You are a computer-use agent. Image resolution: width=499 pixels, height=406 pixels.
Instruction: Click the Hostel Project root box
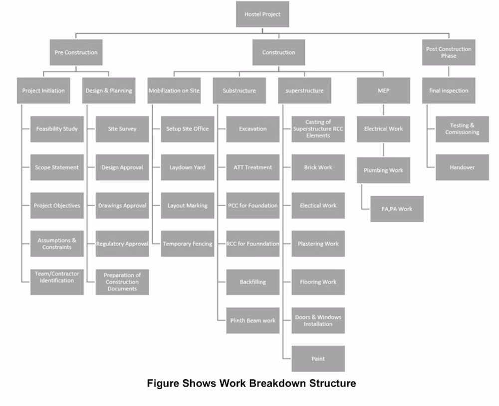(262, 14)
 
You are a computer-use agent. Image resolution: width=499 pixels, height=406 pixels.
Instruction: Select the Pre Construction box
(76, 52)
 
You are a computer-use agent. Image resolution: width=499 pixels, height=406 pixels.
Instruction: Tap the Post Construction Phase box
(448, 52)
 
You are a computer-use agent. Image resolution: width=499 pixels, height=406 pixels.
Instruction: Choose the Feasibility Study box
(57, 129)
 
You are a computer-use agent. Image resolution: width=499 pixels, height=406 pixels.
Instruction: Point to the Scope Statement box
(57, 167)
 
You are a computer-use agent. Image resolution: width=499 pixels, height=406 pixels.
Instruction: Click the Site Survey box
(122, 129)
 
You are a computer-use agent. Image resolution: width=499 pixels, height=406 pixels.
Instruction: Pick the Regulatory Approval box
(122, 244)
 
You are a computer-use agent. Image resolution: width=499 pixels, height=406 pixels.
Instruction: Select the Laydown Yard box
(187, 167)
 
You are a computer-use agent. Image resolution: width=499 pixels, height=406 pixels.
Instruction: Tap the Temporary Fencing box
(187, 244)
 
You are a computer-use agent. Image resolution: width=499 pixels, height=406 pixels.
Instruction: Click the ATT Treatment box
(252, 167)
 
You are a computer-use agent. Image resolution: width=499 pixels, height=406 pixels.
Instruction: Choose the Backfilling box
(252, 282)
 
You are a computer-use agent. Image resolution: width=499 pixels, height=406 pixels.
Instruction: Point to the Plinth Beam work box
(252, 320)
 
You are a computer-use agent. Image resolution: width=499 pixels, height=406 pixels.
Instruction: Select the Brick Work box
(318, 167)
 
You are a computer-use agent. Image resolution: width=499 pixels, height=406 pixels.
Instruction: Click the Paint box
(318, 359)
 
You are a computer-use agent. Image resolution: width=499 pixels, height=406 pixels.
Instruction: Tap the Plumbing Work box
(383, 170)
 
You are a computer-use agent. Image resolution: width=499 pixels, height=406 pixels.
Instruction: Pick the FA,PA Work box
(397, 209)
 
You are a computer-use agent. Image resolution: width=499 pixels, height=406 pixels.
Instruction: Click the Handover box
(462, 167)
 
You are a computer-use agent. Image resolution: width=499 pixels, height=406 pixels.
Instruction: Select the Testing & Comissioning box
(462, 129)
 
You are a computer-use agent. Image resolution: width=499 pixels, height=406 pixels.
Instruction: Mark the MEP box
(383, 91)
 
